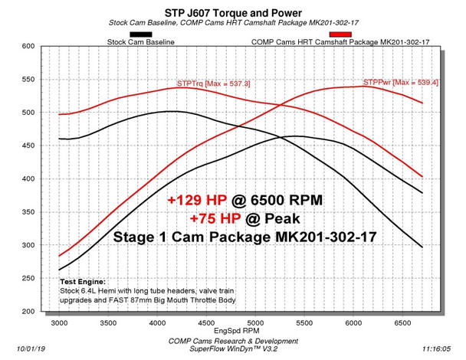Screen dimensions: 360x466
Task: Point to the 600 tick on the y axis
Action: (29, 47)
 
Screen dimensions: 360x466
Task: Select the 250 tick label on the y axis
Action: (29, 312)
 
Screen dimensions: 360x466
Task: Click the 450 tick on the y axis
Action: (29, 146)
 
